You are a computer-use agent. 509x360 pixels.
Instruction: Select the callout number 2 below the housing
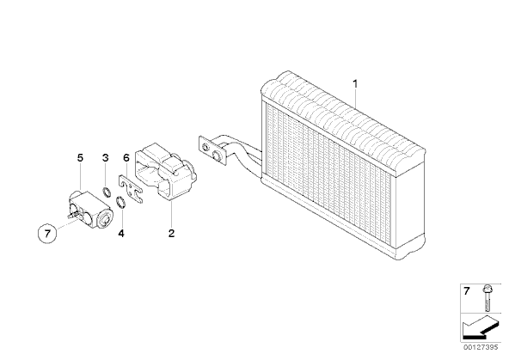(171, 233)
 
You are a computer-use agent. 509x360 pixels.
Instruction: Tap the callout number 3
(106, 158)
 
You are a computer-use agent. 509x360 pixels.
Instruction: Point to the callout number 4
(121, 233)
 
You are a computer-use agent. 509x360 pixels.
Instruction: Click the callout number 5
(80, 158)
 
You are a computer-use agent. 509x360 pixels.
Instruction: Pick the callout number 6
(126, 158)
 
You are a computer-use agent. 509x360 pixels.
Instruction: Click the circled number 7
(47, 233)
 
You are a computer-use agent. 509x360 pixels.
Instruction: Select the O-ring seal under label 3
(106, 192)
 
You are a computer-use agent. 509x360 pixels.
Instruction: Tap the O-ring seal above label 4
(121, 203)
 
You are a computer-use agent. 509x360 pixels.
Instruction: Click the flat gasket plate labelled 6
(130, 189)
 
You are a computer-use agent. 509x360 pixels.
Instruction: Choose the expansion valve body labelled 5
(91, 209)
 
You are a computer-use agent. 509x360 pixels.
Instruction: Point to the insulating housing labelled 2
(165, 172)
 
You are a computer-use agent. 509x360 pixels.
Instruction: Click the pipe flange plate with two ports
(212, 150)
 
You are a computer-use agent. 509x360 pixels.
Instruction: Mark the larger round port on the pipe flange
(216, 155)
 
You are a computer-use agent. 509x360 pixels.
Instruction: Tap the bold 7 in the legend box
(467, 291)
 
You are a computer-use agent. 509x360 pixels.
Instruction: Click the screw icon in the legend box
(487, 297)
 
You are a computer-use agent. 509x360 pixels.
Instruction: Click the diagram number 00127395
(481, 347)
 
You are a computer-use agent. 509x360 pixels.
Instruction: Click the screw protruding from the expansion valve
(72, 214)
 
